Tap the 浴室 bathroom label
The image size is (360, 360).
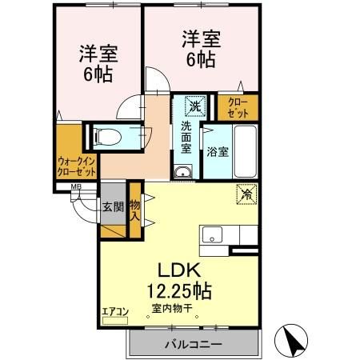coord(217,151)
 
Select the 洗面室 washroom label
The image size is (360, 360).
coord(186,136)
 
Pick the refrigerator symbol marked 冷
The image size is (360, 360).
coord(246,194)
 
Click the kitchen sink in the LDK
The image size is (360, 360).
coord(214,234)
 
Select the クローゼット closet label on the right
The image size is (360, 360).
coord(238,107)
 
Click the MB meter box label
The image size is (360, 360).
coord(77,188)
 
